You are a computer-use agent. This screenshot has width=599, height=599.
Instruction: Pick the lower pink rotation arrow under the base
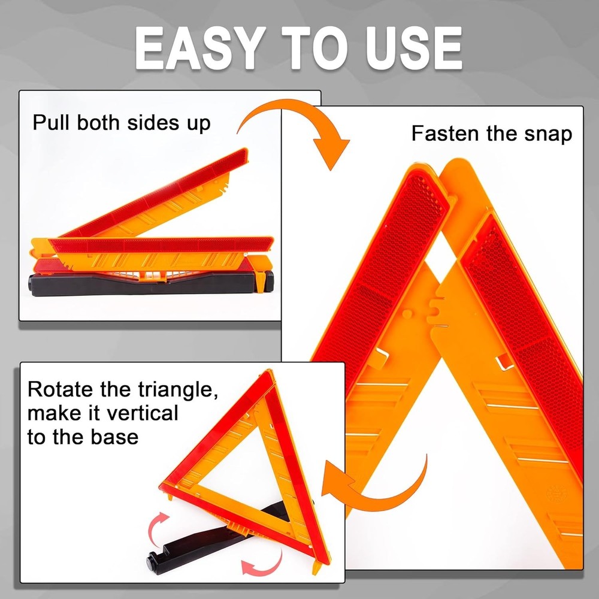pyautogui.click(x=264, y=562)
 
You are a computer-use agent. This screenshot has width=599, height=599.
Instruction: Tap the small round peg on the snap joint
pyautogui.click(x=407, y=313)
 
